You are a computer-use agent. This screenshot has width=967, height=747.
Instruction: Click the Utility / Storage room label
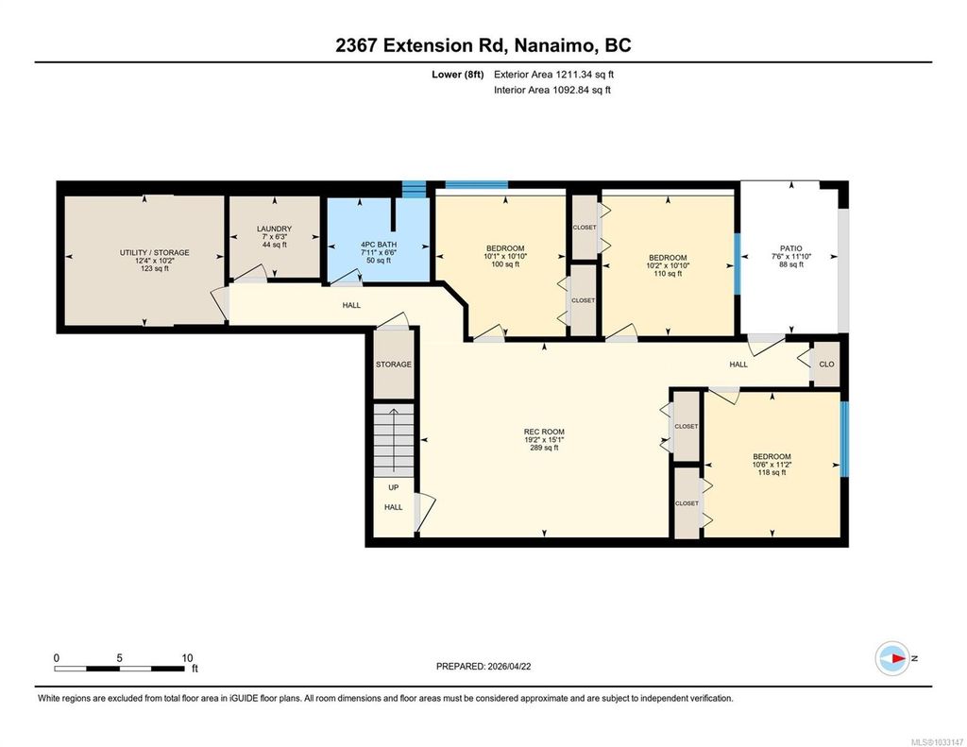(154, 252)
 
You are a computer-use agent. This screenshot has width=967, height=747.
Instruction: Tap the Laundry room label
(275, 229)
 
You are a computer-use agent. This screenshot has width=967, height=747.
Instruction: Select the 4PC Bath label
(379, 245)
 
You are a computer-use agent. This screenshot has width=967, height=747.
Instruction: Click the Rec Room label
(544, 432)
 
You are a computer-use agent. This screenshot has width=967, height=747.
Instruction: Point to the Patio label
(791, 248)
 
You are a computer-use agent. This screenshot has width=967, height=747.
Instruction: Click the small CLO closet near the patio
(826, 365)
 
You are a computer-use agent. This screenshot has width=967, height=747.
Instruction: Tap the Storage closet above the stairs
(394, 365)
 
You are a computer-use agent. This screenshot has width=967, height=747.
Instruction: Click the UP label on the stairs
(394, 487)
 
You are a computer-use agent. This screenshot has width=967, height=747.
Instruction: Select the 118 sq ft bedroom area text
(772, 472)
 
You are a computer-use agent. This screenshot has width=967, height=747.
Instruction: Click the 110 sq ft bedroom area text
(668, 273)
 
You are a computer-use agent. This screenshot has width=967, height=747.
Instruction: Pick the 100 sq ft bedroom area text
(505, 264)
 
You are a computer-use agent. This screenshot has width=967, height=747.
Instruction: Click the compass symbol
(892, 658)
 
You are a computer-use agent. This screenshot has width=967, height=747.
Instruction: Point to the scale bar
(119, 668)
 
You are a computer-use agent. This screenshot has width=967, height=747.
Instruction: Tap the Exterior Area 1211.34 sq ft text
(553, 75)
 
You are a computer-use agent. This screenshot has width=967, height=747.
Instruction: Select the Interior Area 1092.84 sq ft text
(552, 90)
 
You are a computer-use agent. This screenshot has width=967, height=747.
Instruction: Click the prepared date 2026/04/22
(509, 666)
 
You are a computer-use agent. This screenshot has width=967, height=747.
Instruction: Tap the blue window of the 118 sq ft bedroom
(844, 439)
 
